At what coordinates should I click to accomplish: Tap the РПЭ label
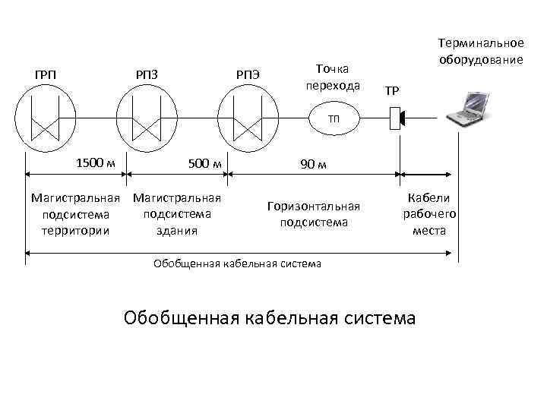coord(248,74)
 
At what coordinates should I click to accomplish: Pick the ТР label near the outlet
coord(392,91)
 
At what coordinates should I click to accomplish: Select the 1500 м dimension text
coord(96,162)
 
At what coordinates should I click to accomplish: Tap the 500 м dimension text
coord(203,162)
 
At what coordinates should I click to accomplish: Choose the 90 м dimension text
coord(313,165)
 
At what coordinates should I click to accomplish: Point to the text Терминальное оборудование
coord(481,51)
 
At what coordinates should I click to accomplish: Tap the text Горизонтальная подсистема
coord(313,214)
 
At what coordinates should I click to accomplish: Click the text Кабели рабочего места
coord(429,214)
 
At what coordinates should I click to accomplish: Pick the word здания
coord(177,231)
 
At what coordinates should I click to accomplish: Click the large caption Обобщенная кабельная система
coord(269,317)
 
